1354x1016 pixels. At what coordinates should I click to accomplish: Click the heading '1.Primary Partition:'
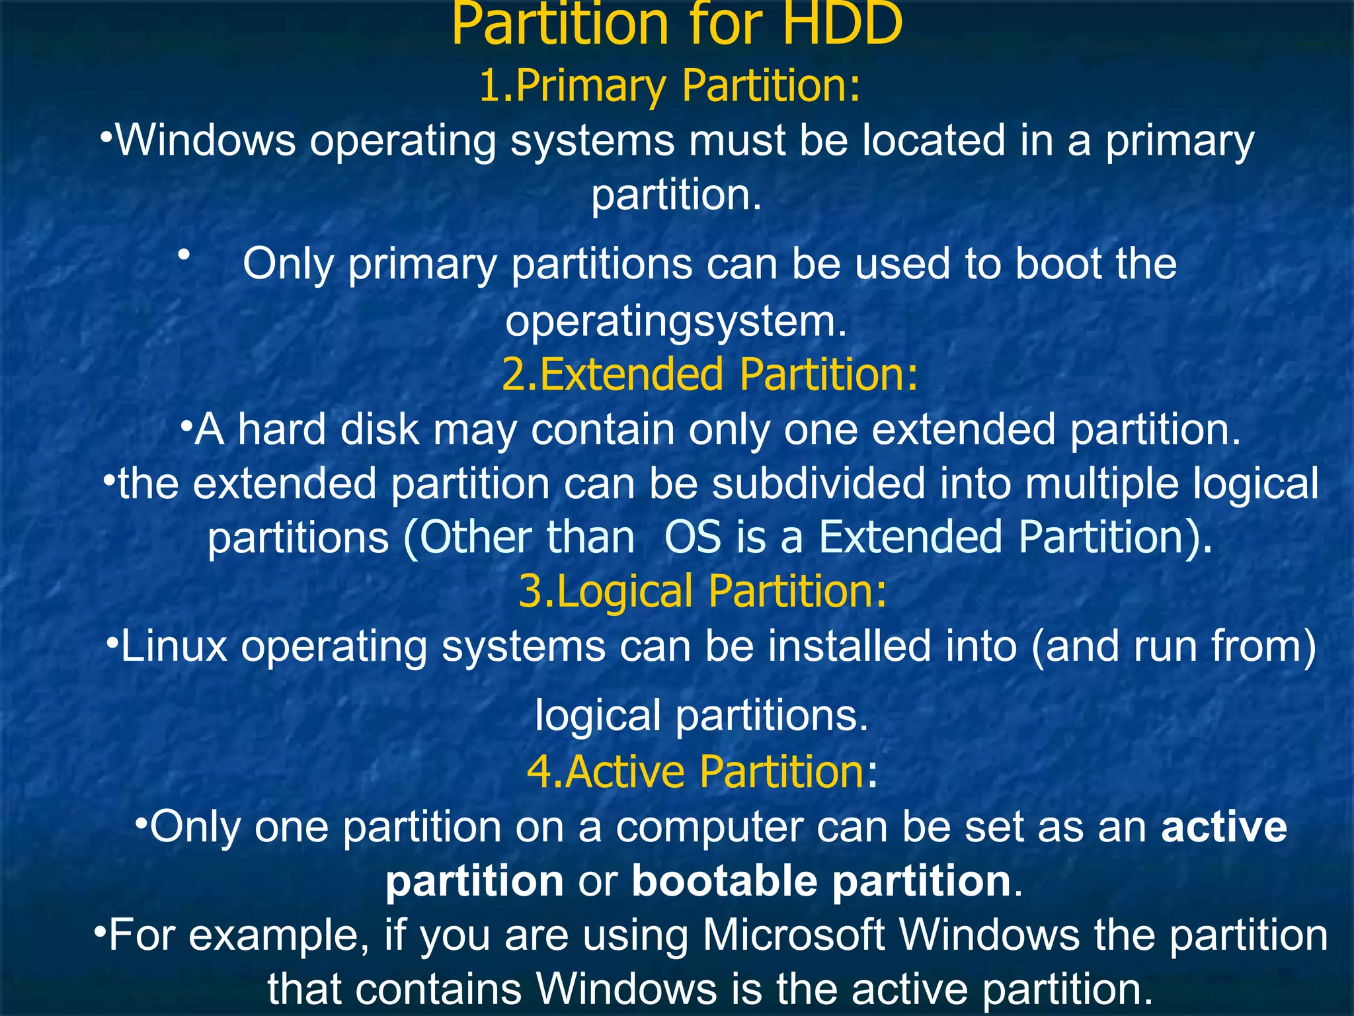tap(670, 85)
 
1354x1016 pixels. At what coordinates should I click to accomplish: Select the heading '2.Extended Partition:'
tap(710, 374)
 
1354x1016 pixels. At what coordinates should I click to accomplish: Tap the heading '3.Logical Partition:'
tap(702, 590)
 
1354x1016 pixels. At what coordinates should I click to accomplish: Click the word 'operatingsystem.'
tap(676, 321)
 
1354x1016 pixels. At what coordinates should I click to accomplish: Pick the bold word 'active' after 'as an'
tap(1224, 827)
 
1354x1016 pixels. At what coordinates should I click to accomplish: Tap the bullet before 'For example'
tap(99, 933)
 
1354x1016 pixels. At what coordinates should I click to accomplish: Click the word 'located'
tap(934, 140)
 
